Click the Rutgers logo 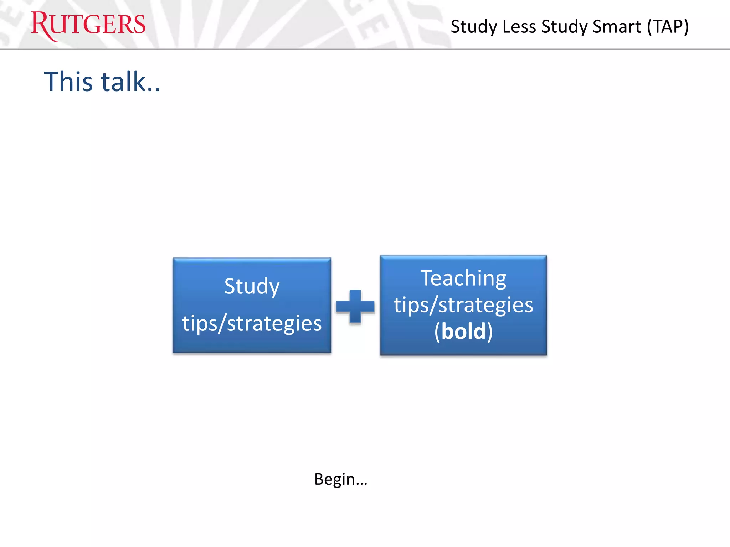(x=88, y=25)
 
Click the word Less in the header (x=519, y=27)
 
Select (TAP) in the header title (x=668, y=27)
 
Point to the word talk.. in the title (x=130, y=82)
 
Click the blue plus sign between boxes (x=355, y=306)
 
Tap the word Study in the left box (x=252, y=286)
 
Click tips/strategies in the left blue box (x=252, y=323)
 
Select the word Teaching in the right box (x=463, y=278)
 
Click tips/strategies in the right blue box (x=463, y=305)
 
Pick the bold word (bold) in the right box (x=463, y=331)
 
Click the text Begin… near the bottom (x=340, y=479)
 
